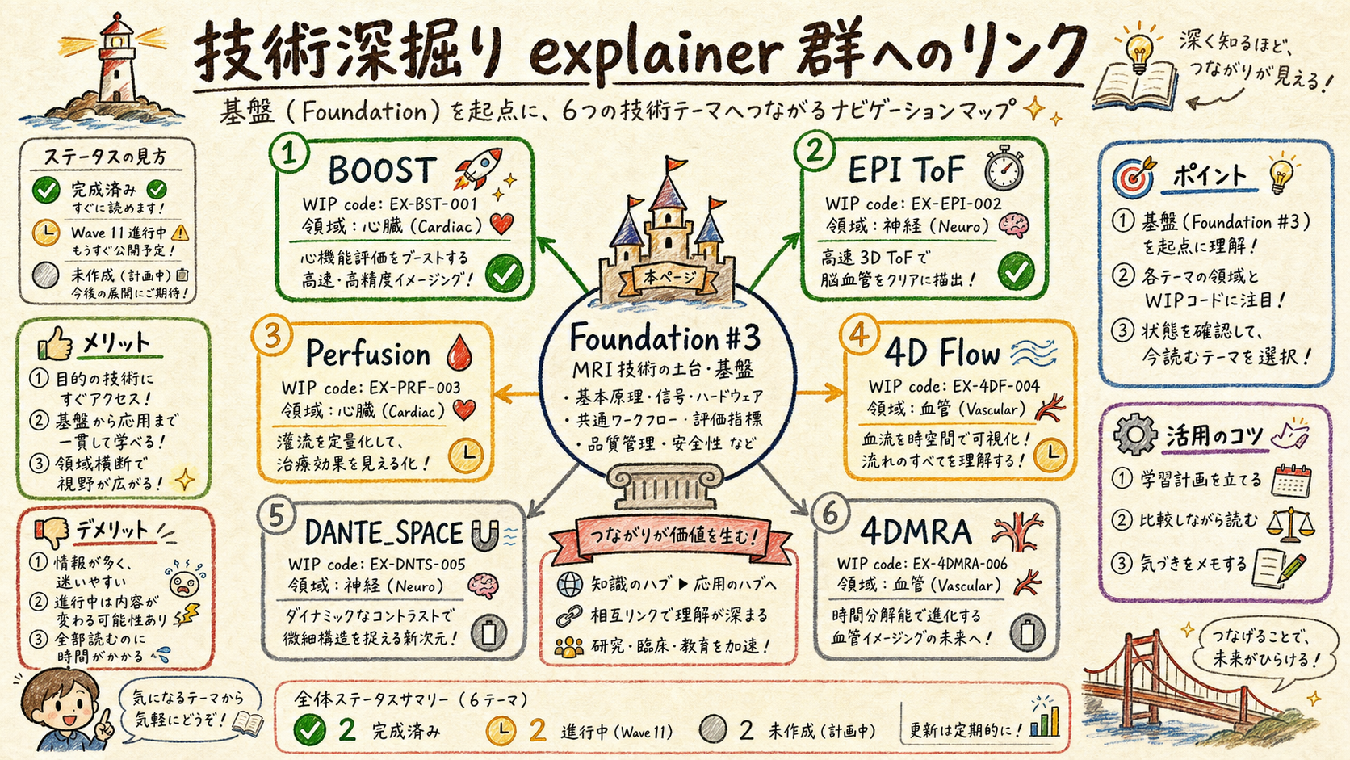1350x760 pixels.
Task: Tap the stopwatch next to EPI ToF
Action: point(1004,168)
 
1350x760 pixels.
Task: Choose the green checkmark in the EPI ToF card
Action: point(1016,272)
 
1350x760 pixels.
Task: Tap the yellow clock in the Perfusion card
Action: point(466,456)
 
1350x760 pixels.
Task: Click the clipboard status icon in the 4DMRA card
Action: point(1027,632)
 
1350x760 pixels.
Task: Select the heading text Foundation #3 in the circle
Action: point(665,338)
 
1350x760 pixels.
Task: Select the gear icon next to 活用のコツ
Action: point(1135,435)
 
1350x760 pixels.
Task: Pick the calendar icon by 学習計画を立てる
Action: point(1292,481)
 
